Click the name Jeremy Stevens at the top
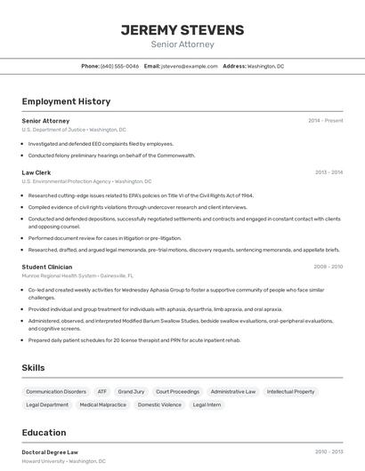182,29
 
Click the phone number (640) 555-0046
119,66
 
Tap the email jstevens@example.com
189,66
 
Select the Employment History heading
66,101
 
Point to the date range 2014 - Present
326,120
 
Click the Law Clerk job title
36,172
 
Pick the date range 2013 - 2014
328,172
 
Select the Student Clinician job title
47,266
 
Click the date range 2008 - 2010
328,266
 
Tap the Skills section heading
34,367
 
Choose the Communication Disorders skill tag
56,391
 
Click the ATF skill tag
101,391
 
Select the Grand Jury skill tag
131,391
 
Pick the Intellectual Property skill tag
290,391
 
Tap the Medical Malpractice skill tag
102,404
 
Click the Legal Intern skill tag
207,404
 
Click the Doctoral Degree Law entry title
50,451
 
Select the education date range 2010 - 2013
328,451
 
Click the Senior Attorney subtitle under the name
182,44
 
